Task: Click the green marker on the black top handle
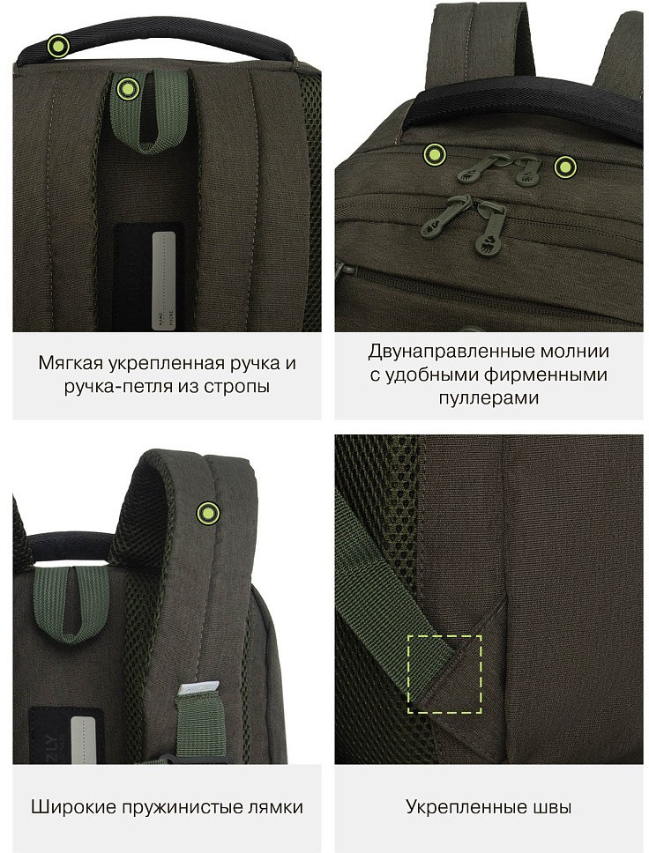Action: pyautogui.click(x=58, y=45)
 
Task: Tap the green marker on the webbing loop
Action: pyautogui.click(x=128, y=88)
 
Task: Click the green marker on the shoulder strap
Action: pyautogui.click(x=208, y=513)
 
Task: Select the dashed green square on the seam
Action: pyautogui.click(x=444, y=674)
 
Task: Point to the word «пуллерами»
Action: pyautogui.click(x=489, y=397)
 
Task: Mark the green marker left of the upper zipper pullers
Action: pyautogui.click(x=435, y=154)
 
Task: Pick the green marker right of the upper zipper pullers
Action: pyautogui.click(x=566, y=167)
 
